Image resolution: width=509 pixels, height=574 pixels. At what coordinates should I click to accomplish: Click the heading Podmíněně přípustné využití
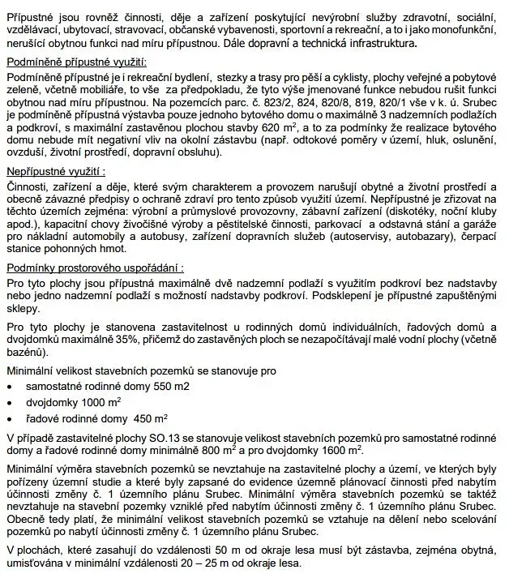pos(78,62)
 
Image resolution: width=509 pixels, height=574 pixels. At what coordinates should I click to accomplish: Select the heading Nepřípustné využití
pos(56,172)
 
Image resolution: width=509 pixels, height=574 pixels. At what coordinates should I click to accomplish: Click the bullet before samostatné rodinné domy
pos(9,387)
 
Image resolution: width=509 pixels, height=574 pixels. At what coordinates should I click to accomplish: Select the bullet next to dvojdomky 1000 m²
pos(9,403)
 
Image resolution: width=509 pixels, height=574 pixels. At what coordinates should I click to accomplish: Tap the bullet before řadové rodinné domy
pos(9,419)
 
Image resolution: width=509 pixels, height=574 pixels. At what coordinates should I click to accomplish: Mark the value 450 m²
pos(150,419)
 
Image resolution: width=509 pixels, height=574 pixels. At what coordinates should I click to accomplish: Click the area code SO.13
pos(149,438)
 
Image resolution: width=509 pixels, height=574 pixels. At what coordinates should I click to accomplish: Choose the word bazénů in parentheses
pos(29,353)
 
